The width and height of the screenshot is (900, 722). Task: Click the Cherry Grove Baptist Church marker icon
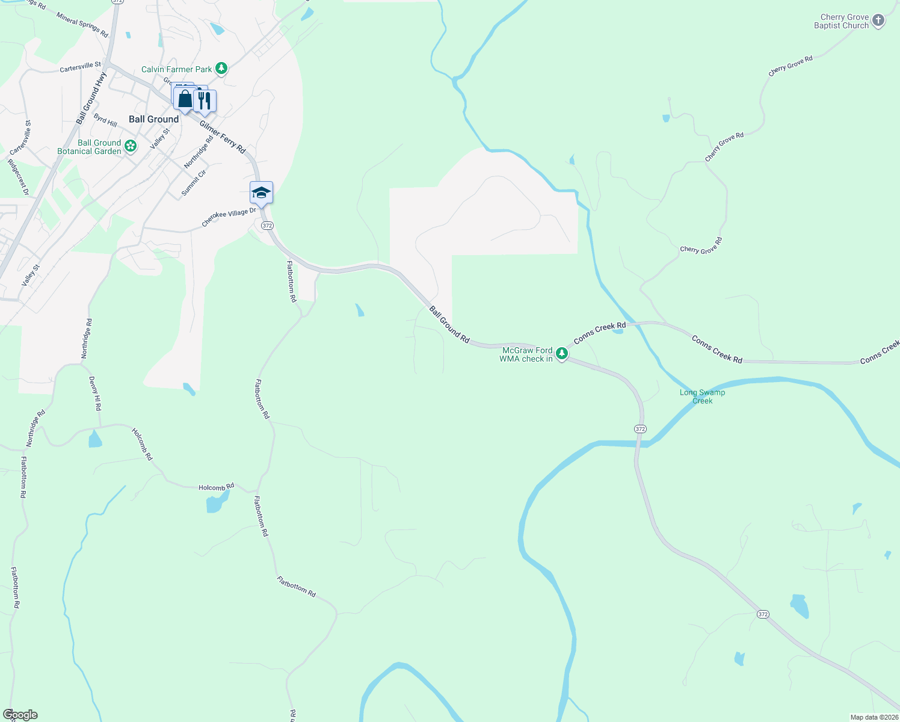tap(878, 21)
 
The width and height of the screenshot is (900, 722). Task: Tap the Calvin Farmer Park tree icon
tap(221, 69)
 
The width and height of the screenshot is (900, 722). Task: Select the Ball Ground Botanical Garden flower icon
tap(130, 146)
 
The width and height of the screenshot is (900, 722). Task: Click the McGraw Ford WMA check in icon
tap(561, 353)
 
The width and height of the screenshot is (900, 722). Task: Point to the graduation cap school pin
tap(261, 193)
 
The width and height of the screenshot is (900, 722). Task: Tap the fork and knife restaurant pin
tap(205, 100)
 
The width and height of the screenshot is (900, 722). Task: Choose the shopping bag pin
tap(185, 99)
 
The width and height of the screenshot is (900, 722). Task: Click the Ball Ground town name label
tap(153, 119)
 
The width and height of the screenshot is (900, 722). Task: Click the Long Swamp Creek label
tap(702, 396)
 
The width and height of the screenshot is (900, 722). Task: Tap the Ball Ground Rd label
tap(449, 324)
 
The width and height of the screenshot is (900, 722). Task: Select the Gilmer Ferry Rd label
tap(223, 137)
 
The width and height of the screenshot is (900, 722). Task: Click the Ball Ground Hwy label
tap(91, 98)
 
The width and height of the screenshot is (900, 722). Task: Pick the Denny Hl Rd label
tap(95, 393)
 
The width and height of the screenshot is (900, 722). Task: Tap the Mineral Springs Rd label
tap(82, 25)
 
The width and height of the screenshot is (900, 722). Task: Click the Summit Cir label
tap(194, 183)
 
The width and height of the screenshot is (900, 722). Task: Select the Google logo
tap(20, 715)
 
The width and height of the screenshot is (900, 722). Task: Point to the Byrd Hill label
tap(105, 120)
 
